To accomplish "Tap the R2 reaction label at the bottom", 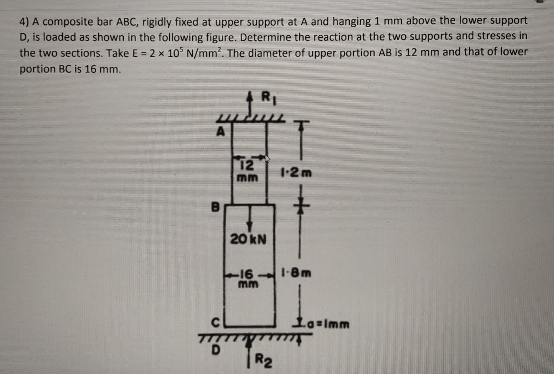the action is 264,360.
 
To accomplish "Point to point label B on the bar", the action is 216,207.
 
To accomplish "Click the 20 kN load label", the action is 248,238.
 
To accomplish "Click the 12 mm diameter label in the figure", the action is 247,171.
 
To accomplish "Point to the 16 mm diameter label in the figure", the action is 248,279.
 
